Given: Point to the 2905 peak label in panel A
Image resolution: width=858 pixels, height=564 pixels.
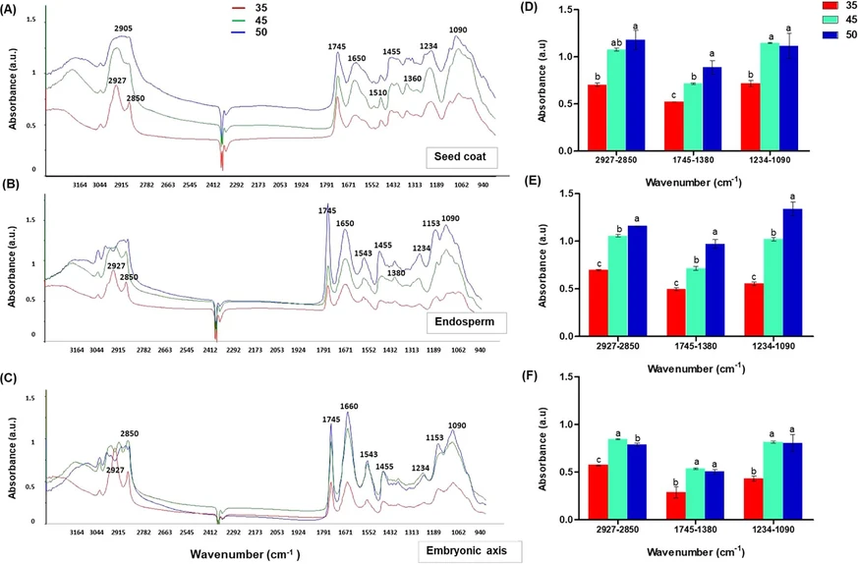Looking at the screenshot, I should pos(122,30).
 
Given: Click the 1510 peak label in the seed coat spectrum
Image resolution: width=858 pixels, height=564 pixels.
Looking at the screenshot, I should pos(377,93).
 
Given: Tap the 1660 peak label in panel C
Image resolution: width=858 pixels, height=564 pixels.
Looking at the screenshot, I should pos(351,407).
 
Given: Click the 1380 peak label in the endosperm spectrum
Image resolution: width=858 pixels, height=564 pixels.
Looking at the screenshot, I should pos(396,273).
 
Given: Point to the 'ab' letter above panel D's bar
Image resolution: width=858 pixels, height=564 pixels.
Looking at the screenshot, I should pos(613,42).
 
